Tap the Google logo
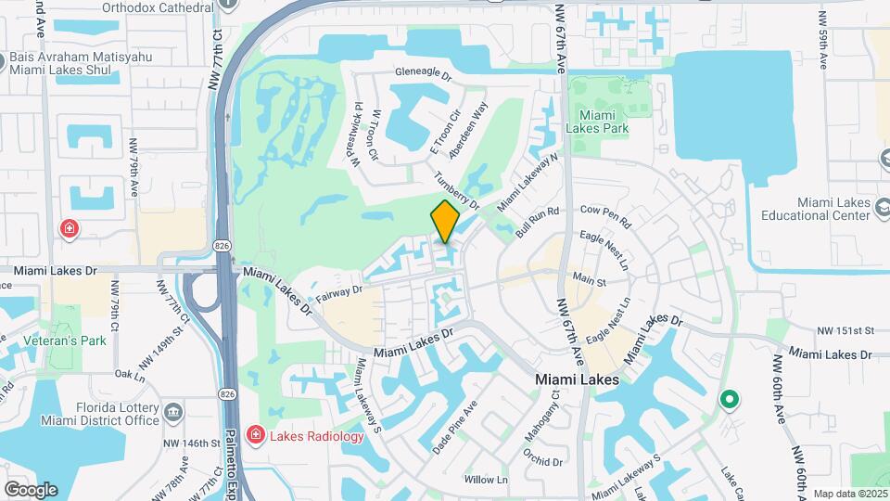31,490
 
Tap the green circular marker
729,400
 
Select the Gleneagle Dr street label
422,72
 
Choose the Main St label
589,279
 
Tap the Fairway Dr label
337,295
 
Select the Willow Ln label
486,480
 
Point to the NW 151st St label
846,330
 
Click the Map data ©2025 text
850,494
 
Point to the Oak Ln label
130,375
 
